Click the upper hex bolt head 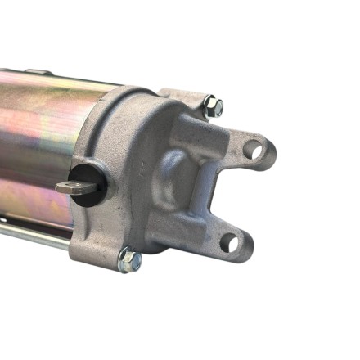pos(213,105)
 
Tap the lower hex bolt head pos(129,261)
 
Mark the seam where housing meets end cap pos(98,123)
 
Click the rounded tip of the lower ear pos(244,245)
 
